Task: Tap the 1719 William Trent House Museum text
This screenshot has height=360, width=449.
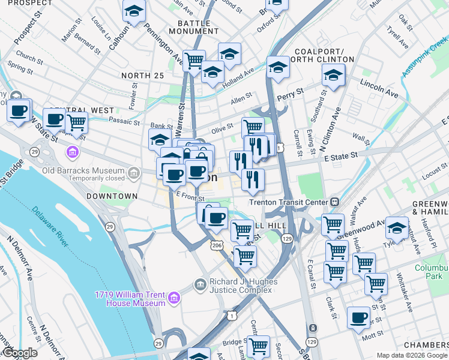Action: click(130, 299)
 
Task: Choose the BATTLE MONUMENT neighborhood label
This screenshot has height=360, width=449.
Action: click(198, 26)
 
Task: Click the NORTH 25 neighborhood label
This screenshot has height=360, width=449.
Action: click(142, 75)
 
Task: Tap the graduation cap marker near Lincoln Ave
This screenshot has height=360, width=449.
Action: click(333, 75)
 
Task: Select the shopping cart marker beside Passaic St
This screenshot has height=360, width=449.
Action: click(76, 122)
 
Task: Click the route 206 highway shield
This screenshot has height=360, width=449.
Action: click(217, 245)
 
